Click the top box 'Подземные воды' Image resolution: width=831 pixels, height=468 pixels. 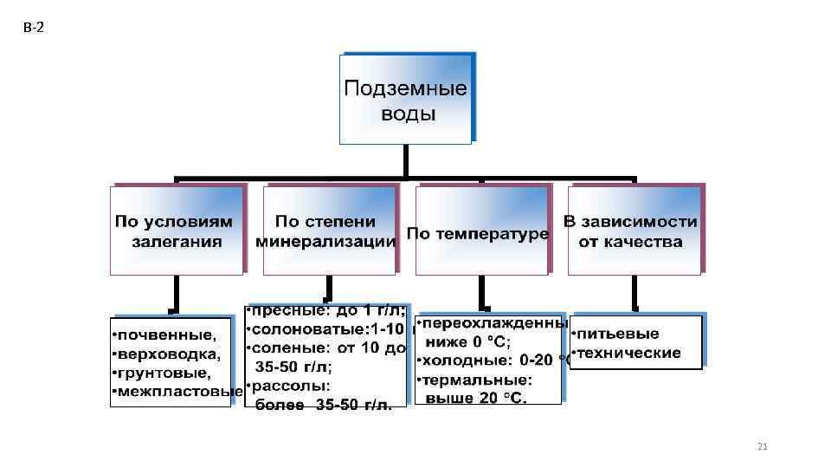405,100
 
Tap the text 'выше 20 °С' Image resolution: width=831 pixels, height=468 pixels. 477,398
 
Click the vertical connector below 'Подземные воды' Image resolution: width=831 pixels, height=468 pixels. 405,161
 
